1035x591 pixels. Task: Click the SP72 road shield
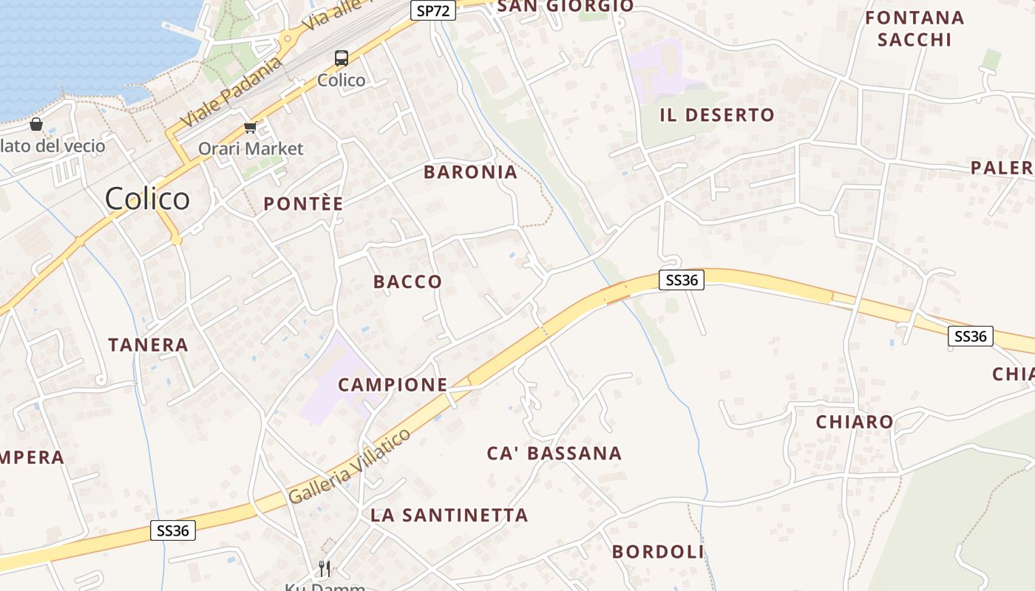coord(432,10)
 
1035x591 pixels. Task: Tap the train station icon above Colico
coord(342,58)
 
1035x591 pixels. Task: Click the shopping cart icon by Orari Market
coord(251,128)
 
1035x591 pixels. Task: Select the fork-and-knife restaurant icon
coord(324,568)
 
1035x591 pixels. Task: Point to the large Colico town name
coord(147,199)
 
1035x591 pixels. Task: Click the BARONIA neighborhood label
coord(470,172)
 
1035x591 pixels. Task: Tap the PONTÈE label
coord(304,204)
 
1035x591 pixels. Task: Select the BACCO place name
coord(407,281)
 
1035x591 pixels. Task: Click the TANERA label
coord(148,344)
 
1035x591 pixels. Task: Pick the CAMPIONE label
coord(393,384)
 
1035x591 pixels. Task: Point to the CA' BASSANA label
coord(554,453)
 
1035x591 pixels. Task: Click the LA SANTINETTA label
coord(449,515)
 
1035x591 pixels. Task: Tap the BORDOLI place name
coord(658,552)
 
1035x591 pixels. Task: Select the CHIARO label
coord(854,422)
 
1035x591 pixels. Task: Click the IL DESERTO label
coord(716,115)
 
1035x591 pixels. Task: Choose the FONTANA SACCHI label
coord(914,28)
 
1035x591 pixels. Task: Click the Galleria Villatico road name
coord(350,466)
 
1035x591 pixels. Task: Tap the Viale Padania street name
coord(231,91)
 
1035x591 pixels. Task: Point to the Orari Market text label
coord(251,148)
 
